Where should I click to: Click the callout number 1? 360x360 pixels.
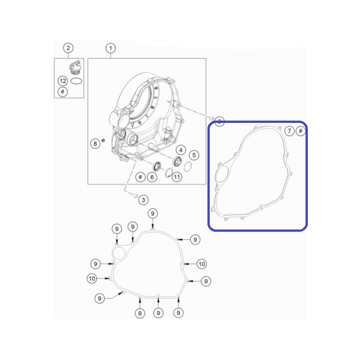111,48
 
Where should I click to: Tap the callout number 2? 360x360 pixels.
68,48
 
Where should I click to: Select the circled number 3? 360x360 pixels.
144,200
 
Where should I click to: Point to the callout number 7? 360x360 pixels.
289,131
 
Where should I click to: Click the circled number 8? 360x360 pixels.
95,144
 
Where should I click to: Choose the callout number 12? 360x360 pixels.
63,81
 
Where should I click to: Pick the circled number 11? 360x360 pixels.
177,177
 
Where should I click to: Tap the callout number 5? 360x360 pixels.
194,155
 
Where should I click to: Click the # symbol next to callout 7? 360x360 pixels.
300,131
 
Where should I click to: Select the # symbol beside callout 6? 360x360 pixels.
140,177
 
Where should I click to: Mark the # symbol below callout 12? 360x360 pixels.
63,92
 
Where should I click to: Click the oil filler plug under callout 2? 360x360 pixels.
75,67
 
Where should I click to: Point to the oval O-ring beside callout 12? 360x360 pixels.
76,81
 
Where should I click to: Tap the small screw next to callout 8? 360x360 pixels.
103,140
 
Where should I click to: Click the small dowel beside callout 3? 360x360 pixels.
135,196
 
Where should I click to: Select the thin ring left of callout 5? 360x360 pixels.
188,166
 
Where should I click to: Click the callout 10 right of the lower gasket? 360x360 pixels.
202,264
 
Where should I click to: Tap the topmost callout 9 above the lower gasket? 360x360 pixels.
153,214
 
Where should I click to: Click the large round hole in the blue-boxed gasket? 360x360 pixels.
222,174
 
